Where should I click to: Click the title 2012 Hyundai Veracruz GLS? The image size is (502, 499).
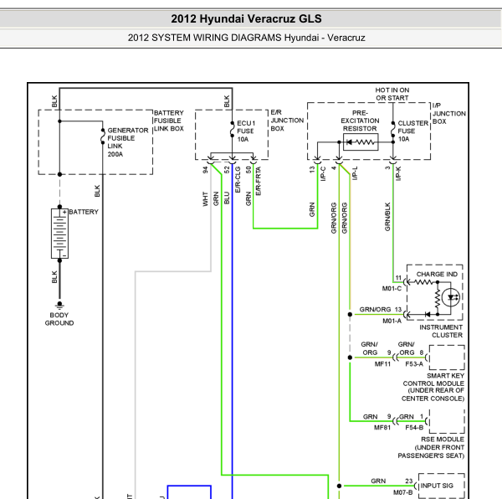click(246, 19)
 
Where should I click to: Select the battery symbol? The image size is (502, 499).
click(59, 233)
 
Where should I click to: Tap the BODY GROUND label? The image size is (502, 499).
click(59, 319)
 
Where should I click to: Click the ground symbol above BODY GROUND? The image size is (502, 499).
click(59, 305)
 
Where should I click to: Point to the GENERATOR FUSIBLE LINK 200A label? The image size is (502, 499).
click(128, 142)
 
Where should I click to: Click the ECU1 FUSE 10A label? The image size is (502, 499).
click(246, 131)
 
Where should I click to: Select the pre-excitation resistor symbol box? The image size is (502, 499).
click(361, 141)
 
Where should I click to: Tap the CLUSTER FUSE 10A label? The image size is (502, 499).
click(413, 131)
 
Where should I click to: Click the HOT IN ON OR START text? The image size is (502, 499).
click(392, 94)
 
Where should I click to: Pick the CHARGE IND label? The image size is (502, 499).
click(437, 274)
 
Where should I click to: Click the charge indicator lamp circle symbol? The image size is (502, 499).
click(451, 297)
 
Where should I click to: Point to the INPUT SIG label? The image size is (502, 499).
click(437, 486)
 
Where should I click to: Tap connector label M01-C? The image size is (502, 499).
click(392, 289)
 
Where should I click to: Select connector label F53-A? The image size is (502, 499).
click(414, 364)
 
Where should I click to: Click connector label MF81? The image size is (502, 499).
click(382, 428)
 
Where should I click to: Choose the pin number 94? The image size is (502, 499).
click(205, 170)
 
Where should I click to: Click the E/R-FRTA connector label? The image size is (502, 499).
click(259, 181)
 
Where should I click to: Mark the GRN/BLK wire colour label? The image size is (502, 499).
click(387, 217)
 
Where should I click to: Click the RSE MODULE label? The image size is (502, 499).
click(443, 439)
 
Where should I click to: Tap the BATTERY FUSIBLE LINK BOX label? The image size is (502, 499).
click(169, 121)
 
